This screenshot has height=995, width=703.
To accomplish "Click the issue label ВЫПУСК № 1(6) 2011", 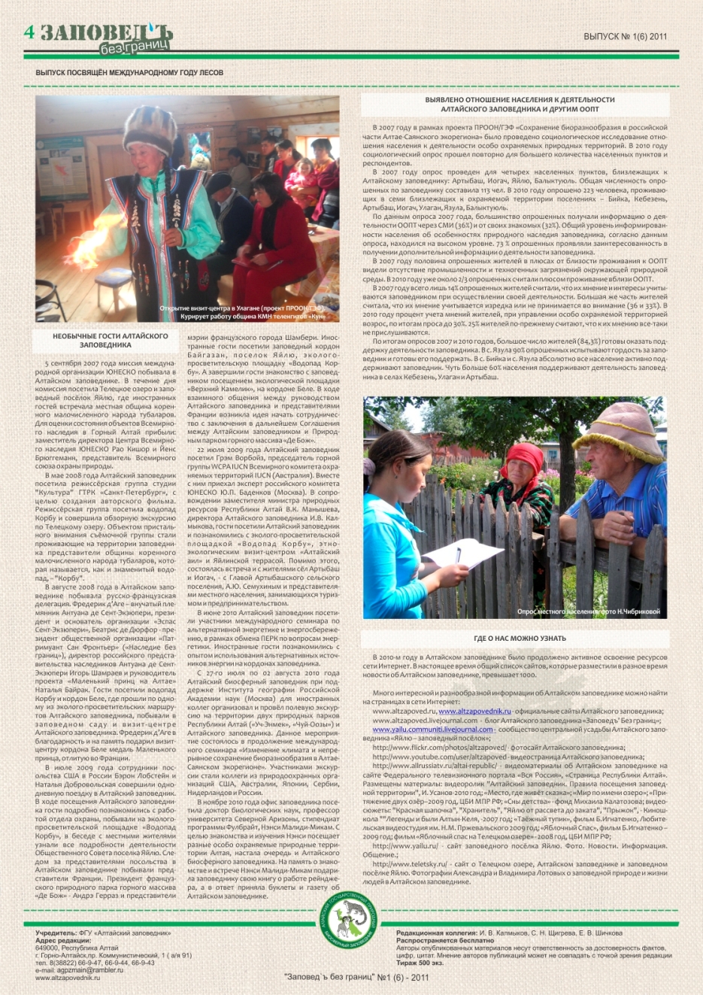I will click(625, 36).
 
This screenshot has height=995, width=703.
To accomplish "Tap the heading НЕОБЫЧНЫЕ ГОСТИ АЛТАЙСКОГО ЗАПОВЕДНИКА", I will click(110, 341).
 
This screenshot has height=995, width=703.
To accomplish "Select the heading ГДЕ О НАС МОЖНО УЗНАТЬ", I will click(520, 639).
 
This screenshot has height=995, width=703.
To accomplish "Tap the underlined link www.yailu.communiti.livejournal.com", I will click(432, 730).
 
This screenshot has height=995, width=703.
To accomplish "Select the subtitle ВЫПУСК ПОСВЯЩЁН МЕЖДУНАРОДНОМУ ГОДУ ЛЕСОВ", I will click(129, 73).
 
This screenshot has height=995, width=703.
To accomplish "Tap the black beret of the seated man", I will click(218, 180).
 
